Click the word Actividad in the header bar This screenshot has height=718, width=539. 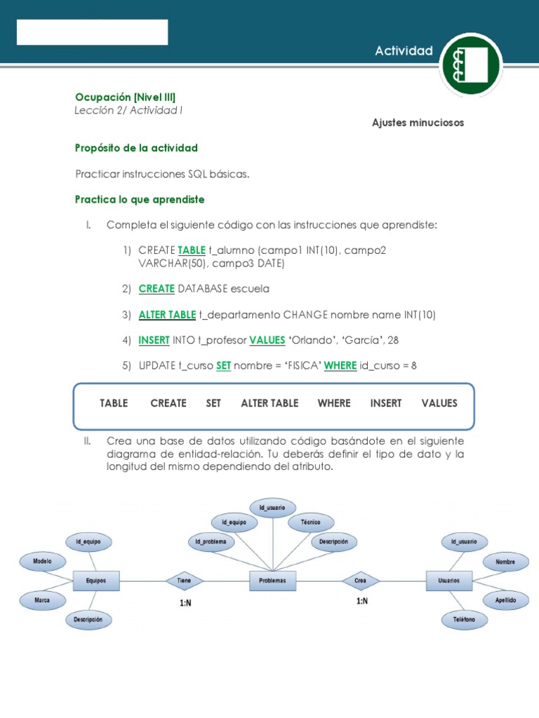pyautogui.click(x=404, y=50)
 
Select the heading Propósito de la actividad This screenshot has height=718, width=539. pyautogui.click(x=136, y=148)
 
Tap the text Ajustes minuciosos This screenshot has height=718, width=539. pyautogui.click(x=418, y=123)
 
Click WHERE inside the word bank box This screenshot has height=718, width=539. pyautogui.click(x=333, y=403)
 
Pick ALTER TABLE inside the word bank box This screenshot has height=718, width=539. pyautogui.click(x=269, y=403)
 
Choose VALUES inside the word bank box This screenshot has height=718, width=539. pyautogui.click(x=439, y=403)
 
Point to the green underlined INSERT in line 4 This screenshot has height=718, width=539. pyautogui.click(x=154, y=340)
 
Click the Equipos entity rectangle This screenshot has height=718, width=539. pyautogui.click(x=96, y=581)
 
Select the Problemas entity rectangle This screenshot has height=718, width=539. pyautogui.click(x=272, y=581)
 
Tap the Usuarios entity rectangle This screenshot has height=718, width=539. pyautogui.click(x=449, y=581)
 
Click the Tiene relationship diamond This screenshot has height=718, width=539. pyautogui.click(x=184, y=581)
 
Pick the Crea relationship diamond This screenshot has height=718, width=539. pyautogui.click(x=361, y=581)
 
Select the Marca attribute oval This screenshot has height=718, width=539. pyautogui.click(x=41, y=600)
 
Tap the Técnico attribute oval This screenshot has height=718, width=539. pyautogui.click(x=310, y=522)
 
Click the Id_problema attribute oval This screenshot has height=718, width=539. pyautogui.click(x=211, y=541)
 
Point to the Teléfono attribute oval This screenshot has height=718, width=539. pyautogui.click(x=464, y=620)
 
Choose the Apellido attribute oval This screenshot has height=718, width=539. pyautogui.click(x=505, y=600)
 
